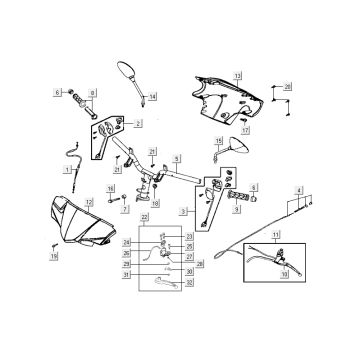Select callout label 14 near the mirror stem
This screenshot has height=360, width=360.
click(x=153, y=97)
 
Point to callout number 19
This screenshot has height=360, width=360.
click(x=28, y=257)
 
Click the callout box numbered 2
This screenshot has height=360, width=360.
click(x=138, y=123)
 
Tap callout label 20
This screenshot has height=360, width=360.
click(x=287, y=88)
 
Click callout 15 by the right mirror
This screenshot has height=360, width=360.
click(x=219, y=142)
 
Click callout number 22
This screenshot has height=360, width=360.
click(x=144, y=217)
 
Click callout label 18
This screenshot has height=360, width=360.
click(x=155, y=204)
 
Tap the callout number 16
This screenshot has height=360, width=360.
click(x=110, y=188)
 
